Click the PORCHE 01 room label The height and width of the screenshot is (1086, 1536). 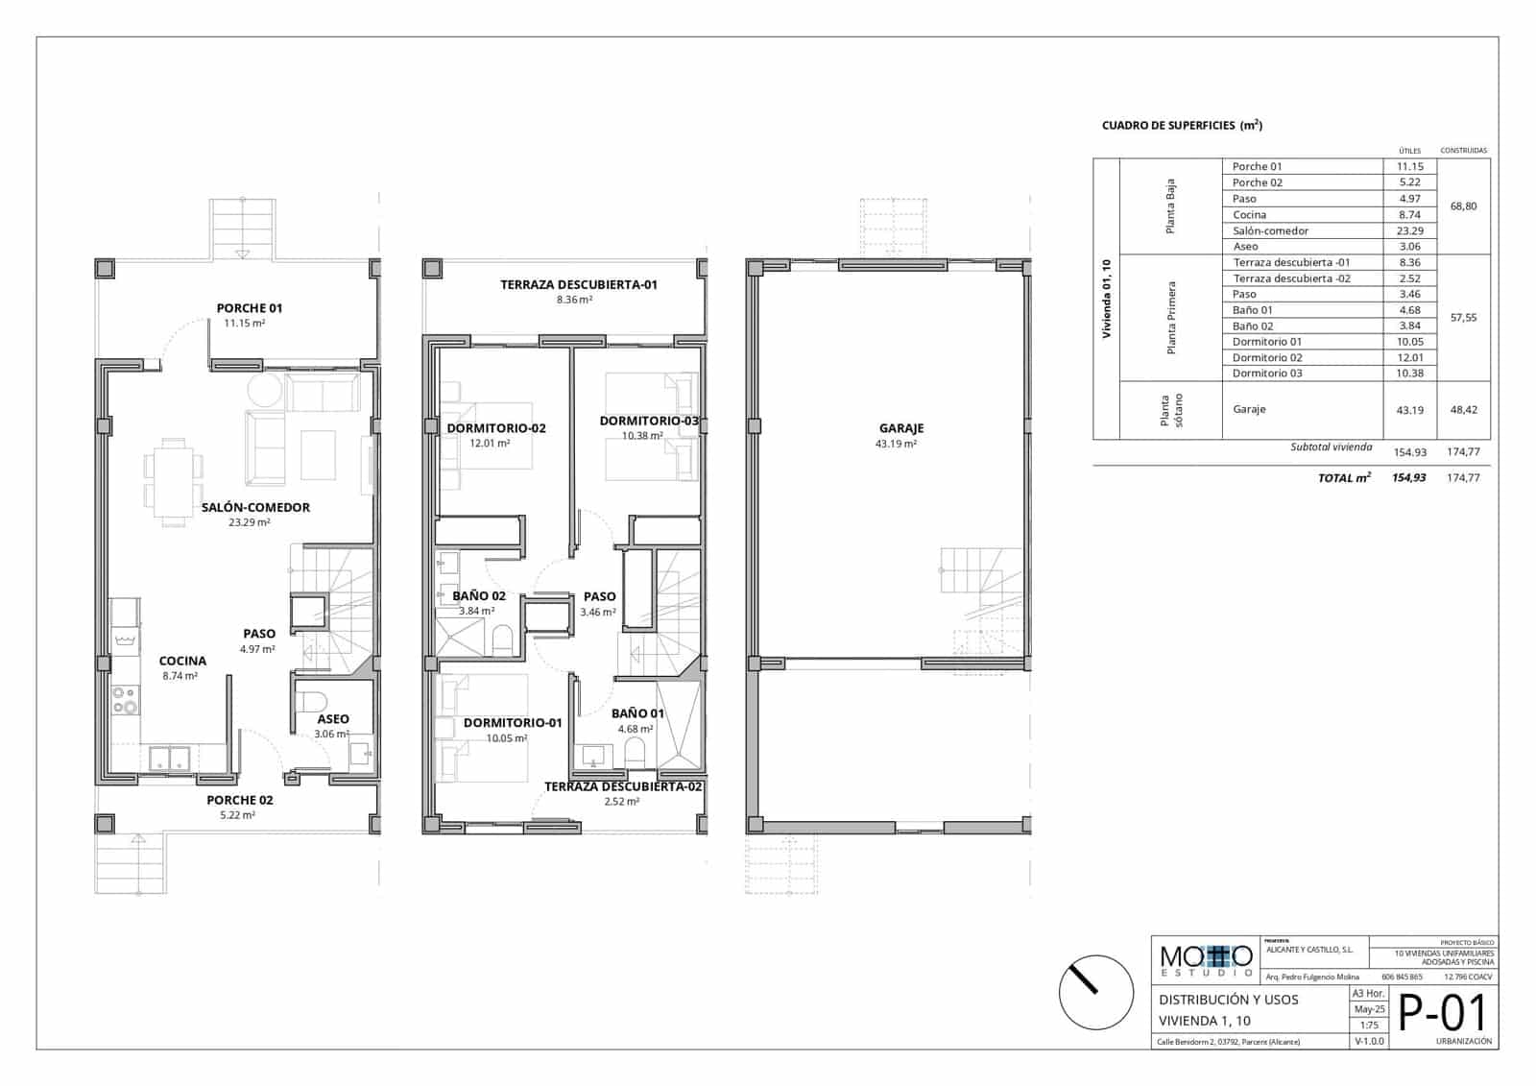[249, 308]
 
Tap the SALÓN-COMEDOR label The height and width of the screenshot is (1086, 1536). [255, 507]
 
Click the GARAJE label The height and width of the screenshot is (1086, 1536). [900, 428]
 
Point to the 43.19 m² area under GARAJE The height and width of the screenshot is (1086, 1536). [896, 445]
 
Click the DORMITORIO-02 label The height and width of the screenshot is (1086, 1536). [496, 428]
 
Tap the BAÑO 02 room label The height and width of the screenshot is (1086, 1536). [478, 595]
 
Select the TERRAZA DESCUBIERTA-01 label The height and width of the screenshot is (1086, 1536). [578, 284]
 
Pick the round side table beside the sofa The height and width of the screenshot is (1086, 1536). [265, 391]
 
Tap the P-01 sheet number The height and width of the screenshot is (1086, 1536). [1442, 1013]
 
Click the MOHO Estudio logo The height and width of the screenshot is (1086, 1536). [1206, 958]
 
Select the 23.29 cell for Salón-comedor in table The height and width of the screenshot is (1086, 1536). [1409, 230]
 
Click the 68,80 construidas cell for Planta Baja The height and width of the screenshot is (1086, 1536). [1463, 206]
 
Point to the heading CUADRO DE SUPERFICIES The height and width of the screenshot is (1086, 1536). [1181, 126]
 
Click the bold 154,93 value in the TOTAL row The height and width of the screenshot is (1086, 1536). [1408, 477]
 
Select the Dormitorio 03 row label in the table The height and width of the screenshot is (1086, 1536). [1267, 374]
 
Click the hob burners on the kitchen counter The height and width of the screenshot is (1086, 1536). [125, 700]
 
